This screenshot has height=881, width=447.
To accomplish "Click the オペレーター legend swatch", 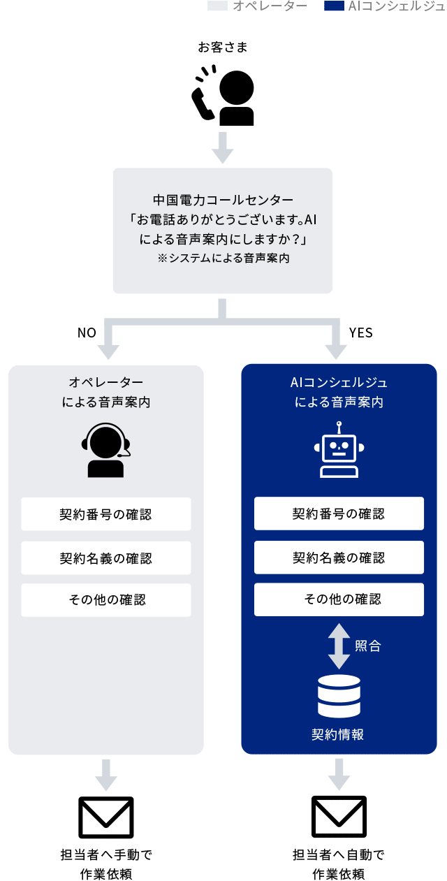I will (217, 6).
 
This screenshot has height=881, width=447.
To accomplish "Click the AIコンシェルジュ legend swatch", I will (335, 6).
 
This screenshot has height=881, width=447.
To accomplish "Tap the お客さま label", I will (223, 48).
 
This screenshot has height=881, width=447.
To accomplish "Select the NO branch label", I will (87, 333).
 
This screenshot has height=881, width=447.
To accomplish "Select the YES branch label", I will (360, 333).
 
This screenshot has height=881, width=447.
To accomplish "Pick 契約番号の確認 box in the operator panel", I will (106, 514).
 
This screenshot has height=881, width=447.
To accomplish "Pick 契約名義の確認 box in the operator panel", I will (106, 558).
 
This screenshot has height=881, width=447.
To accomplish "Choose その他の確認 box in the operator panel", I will (106, 599).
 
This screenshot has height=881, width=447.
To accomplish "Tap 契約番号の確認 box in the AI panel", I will (339, 514).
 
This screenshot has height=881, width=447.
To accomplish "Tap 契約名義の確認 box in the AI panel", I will (339, 558).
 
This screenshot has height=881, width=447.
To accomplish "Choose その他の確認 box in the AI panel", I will (339, 599).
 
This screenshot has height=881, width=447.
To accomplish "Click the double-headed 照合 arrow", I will (339, 646).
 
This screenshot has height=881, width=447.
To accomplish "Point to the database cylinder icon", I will (339, 697).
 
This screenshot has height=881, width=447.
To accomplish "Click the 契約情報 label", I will (339, 734).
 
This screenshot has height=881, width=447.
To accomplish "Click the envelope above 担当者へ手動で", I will (106, 817).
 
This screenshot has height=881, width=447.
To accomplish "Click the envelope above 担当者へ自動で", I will (339, 817).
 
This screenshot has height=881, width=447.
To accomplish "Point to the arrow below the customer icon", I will (223, 146).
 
